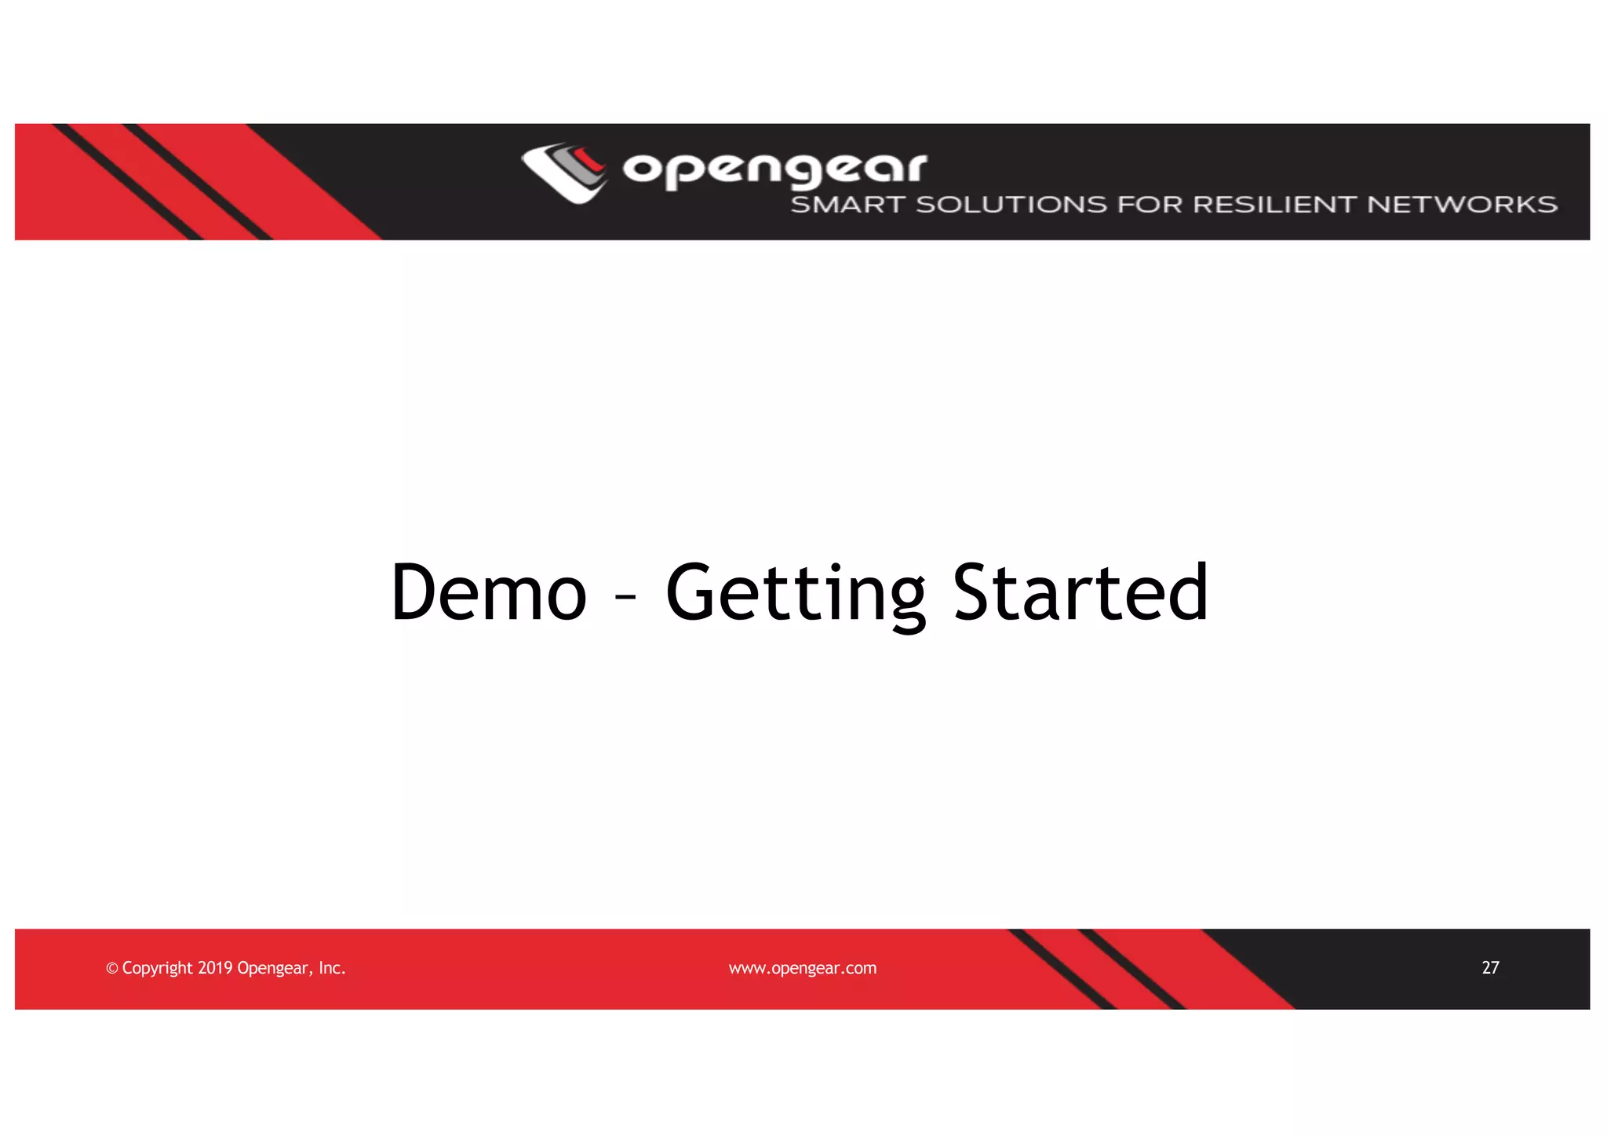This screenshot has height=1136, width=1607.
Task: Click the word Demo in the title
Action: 488,593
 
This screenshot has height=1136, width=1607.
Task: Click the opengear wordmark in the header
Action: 774,169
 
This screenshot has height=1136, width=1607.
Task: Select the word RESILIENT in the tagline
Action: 1274,205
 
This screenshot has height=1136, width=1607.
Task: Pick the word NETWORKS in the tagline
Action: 1462,205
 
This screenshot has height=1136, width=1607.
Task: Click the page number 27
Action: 1490,967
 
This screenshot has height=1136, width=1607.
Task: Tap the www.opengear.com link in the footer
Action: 802,968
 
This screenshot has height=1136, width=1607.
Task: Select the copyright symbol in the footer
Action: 111,968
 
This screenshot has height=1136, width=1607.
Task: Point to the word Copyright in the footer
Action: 157,968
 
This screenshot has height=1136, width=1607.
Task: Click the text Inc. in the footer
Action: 332,967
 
